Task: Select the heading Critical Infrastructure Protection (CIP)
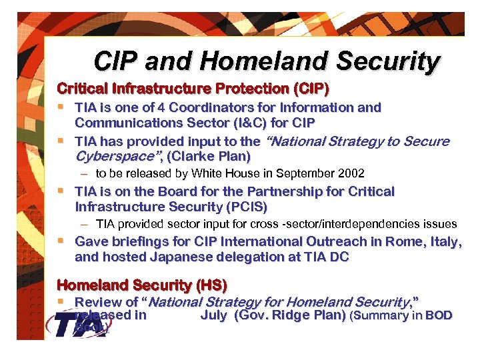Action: tap(193, 88)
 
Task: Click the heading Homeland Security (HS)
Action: tap(142, 285)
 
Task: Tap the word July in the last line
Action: tap(213, 315)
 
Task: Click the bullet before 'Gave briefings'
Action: tap(61, 241)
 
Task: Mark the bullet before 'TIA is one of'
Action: tap(61, 107)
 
